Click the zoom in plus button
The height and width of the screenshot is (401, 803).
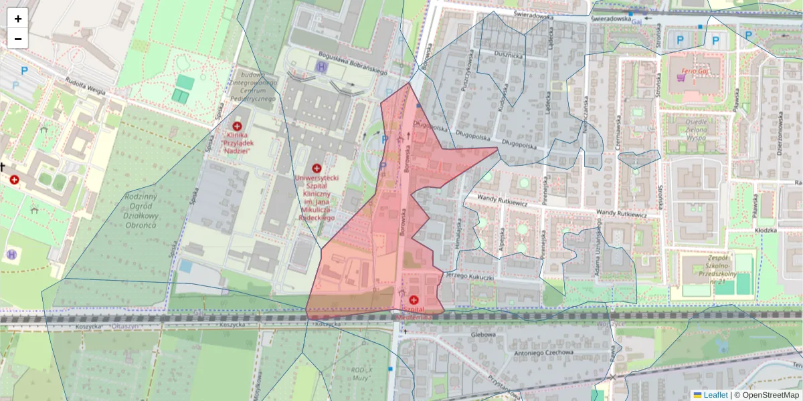click(18, 19)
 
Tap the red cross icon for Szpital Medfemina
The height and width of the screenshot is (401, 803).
click(414, 300)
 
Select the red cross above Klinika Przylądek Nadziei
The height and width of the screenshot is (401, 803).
click(237, 126)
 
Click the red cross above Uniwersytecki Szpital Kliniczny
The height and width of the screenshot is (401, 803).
click(317, 168)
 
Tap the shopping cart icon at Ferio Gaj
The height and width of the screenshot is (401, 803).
click(681, 78)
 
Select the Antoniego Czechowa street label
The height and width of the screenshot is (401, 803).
click(543, 352)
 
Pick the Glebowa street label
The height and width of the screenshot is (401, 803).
click(482, 335)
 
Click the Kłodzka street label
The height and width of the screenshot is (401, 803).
click(764, 230)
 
